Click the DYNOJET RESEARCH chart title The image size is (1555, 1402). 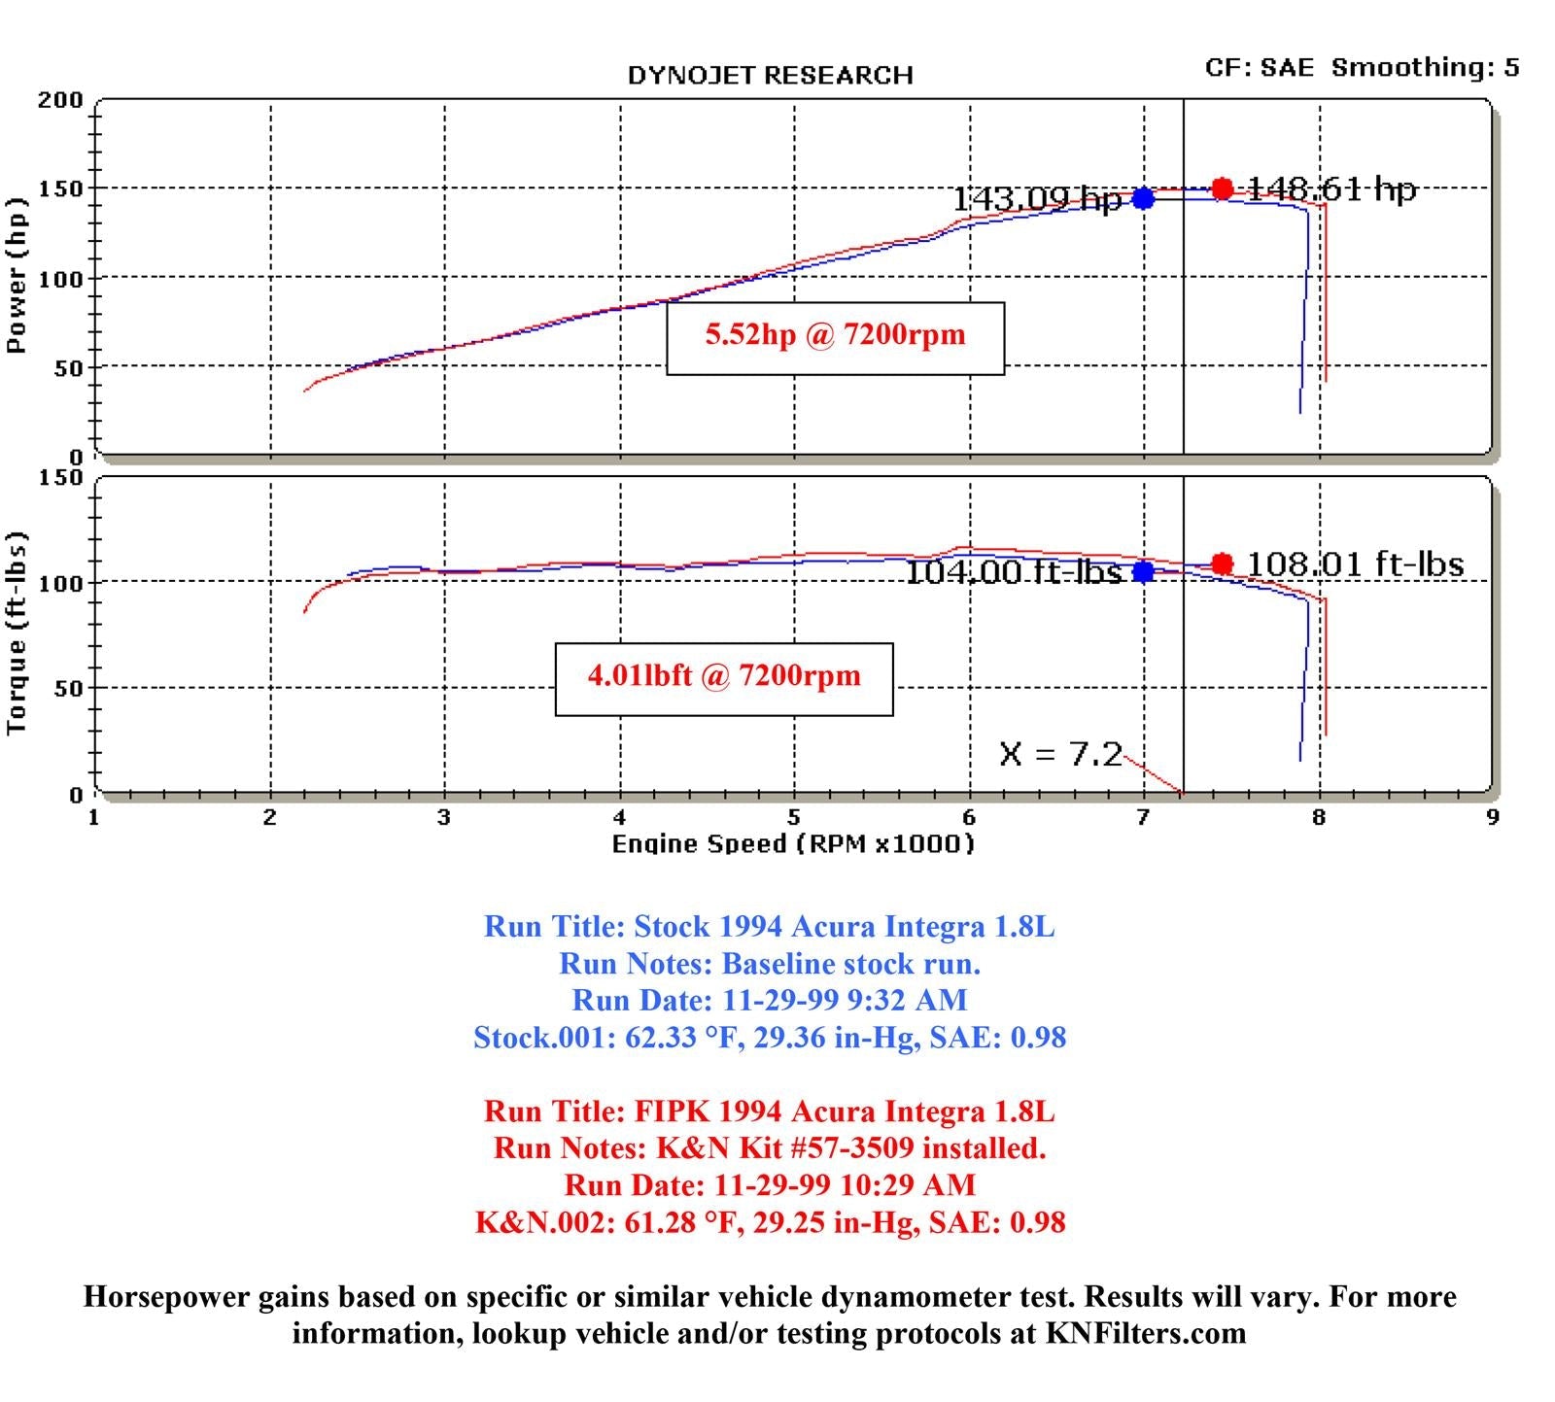[770, 76]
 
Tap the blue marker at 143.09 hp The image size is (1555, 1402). [1143, 198]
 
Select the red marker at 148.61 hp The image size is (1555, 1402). [1223, 188]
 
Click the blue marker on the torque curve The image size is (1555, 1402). [1143, 571]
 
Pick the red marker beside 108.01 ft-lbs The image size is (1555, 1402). [1223, 564]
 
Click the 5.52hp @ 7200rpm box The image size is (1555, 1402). [835, 337]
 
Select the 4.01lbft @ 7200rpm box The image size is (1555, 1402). [724, 678]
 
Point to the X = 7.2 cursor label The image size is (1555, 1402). [1060, 754]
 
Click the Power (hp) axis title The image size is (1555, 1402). [17, 276]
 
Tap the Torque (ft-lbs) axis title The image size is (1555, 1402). [17, 633]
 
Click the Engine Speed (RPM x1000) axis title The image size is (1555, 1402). [792, 843]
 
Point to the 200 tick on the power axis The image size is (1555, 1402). [60, 100]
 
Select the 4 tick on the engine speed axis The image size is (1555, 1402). [620, 817]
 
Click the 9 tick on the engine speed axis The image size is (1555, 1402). [1493, 817]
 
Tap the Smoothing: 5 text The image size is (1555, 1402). [1425, 67]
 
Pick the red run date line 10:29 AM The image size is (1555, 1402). [770, 1185]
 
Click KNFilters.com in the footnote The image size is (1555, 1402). [1146, 1333]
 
